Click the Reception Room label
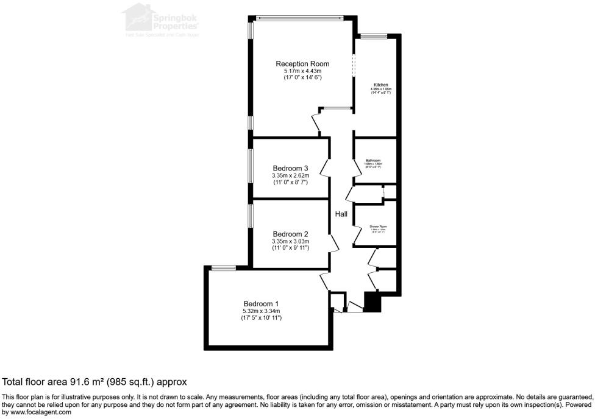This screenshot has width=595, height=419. (302, 64)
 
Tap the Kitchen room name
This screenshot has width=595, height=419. (380, 85)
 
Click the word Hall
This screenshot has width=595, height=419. (341, 214)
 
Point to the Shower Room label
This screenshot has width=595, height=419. (378, 226)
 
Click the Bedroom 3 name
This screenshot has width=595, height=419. (290, 169)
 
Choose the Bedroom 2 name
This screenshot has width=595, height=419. (290, 234)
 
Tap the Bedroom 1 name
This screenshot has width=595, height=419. (262, 304)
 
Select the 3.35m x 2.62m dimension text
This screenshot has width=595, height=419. (291, 176)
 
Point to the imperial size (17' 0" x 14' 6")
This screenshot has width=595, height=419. (302, 78)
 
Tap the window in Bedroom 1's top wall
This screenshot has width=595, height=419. (224, 267)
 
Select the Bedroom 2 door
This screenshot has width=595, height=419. (334, 244)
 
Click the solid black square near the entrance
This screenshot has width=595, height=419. (371, 301)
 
